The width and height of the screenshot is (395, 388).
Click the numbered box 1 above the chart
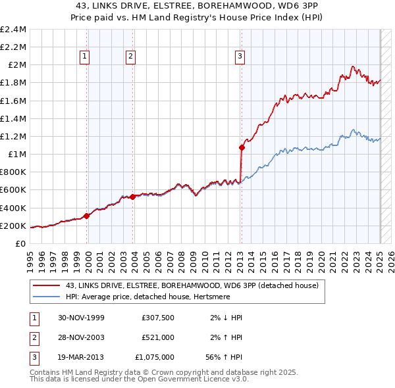click(86, 57)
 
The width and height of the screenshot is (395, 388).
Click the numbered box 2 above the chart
click(131, 57)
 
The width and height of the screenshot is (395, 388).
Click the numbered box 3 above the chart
click(240, 57)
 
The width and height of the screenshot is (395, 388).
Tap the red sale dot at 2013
click(242, 148)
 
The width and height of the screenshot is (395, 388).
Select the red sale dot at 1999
click(87, 216)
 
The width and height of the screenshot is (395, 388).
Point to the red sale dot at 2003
click(132, 197)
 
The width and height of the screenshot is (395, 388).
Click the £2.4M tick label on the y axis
click(13, 30)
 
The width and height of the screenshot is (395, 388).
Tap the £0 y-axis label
click(20, 244)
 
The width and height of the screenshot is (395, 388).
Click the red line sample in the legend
click(46, 285)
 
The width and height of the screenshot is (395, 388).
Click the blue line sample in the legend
click(46, 297)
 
